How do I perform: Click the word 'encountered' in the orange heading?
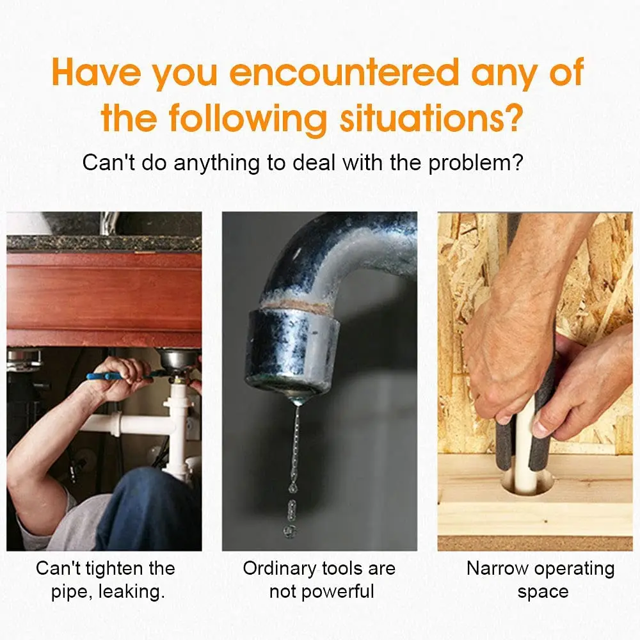coord(344,72)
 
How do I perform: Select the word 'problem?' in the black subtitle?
coord(476,163)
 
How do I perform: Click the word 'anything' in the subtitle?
coord(216,163)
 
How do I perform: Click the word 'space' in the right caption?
coord(543,593)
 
